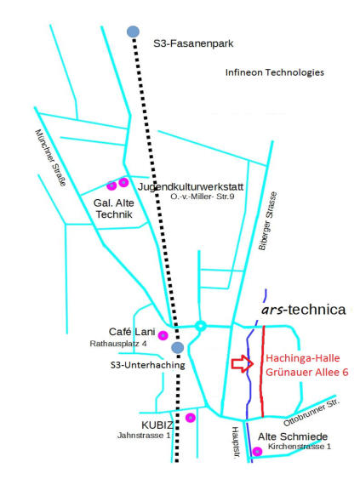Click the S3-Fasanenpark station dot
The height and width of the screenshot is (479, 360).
pyautogui.click(x=133, y=31)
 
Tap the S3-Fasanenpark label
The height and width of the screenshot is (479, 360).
pyautogui.click(x=193, y=43)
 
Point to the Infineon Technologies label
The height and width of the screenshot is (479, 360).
pyautogui.click(x=274, y=72)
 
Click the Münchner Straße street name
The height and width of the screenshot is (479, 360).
pyautogui.click(x=51, y=157)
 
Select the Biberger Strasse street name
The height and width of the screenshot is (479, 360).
pyautogui.click(x=268, y=221)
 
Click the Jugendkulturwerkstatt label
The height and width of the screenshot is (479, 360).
pyautogui.click(x=191, y=186)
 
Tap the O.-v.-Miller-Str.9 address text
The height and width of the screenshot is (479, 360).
pyautogui.click(x=203, y=197)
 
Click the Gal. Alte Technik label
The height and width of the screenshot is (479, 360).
pyautogui.click(x=114, y=208)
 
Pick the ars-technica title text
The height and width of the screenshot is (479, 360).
pyautogui.click(x=304, y=310)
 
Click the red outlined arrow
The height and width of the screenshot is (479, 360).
pyautogui.click(x=243, y=363)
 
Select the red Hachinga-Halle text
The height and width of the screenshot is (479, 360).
pyautogui.click(x=303, y=358)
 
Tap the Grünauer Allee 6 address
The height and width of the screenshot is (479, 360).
pyautogui.click(x=307, y=372)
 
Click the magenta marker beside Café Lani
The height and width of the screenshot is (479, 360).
pyautogui.click(x=163, y=335)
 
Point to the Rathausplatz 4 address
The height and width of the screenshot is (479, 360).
pyautogui.click(x=118, y=344)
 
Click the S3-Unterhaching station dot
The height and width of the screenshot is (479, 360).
pyautogui.click(x=177, y=347)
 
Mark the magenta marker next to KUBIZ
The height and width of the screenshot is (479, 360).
pyautogui.click(x=191, y=417)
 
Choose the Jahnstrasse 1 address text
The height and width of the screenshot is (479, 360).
pyautogui.click(x=144, y=436)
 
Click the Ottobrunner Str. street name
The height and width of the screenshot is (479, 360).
pyautogui.click(x=311, y=413)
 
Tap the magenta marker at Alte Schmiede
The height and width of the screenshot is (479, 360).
pyautogui.click(x=257, y=451)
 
